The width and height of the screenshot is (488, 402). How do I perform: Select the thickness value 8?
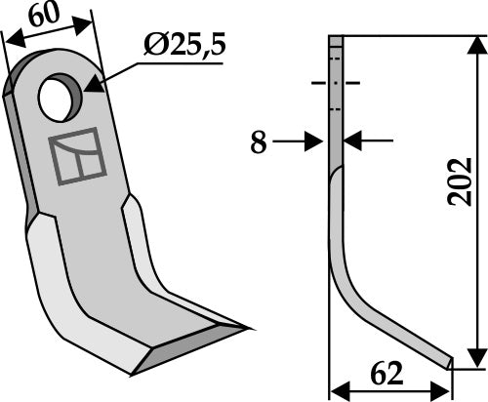(x=258, y=142)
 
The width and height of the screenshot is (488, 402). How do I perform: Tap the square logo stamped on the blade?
(x=76, y=155)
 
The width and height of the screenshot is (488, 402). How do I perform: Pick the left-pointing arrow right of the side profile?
(x=355, y=141)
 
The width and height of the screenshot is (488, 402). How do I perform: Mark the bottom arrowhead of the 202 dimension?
(x=475, y=361)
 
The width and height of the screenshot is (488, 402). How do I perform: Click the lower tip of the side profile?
(x=450, y=364)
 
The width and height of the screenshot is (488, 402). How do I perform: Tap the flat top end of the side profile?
(x=335, y=40)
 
